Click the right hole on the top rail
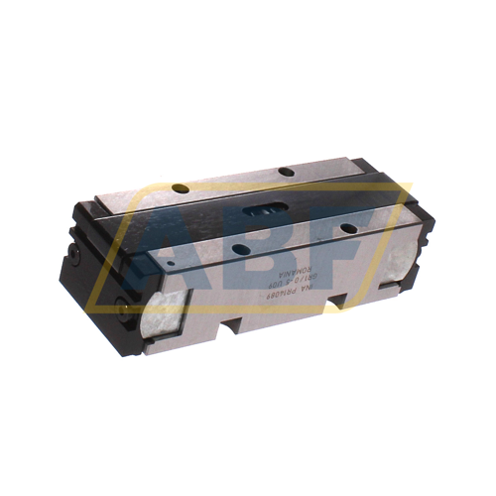pos(285,172)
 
